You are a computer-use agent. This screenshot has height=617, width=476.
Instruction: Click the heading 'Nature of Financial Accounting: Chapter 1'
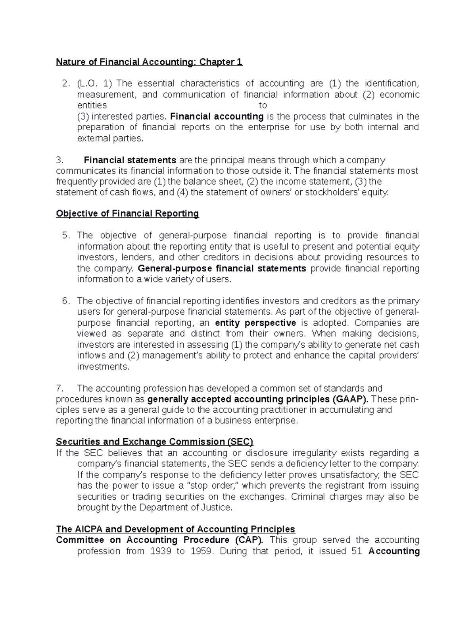pos(149,62)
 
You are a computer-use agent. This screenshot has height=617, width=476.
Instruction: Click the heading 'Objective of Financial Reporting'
pos(127,214)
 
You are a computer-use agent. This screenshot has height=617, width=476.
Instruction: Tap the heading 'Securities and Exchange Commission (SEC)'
pos(154,442)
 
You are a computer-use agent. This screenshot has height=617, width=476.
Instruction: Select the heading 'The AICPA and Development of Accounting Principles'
pos(175,529)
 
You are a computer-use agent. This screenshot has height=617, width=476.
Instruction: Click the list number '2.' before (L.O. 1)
pos(66,83)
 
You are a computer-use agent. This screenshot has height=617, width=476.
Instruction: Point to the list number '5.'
pos(66,236)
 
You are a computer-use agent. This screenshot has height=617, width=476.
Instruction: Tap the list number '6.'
pos(66,301)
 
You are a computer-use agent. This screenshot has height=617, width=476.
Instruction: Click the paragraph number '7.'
pos(60,388)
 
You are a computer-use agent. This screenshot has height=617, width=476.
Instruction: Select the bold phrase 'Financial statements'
pos(130,160)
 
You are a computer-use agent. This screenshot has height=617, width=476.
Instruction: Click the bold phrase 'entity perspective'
pos(255,323)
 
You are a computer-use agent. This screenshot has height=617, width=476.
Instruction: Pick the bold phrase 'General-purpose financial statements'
pos(222,269)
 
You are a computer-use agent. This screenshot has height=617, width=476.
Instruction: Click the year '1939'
pos(160,551)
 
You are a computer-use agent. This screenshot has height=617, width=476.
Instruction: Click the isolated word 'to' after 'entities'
pos(263,106)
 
